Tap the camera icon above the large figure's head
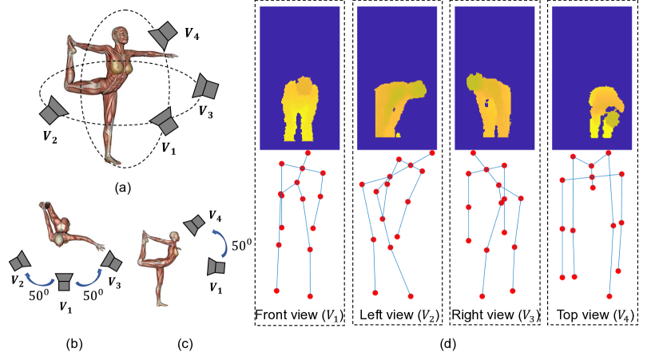click(x=164, y=34)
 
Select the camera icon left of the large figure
click(x=54, y=110)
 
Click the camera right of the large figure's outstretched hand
click(x=205, y=87)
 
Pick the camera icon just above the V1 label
click(x=165, y=121)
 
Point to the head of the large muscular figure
click(x=120, y=37)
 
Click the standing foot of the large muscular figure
click(x=112, y=160)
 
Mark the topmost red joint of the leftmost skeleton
click(x=308, y=152)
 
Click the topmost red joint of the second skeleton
click(x=432, y=152)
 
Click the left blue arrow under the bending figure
click(x=38, y=279)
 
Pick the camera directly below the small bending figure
click(x=64, y=281)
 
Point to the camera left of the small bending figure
click(x=20, y=261)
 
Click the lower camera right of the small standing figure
click(x=216, y=267)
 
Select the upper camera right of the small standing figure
click(x=194, y=224)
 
